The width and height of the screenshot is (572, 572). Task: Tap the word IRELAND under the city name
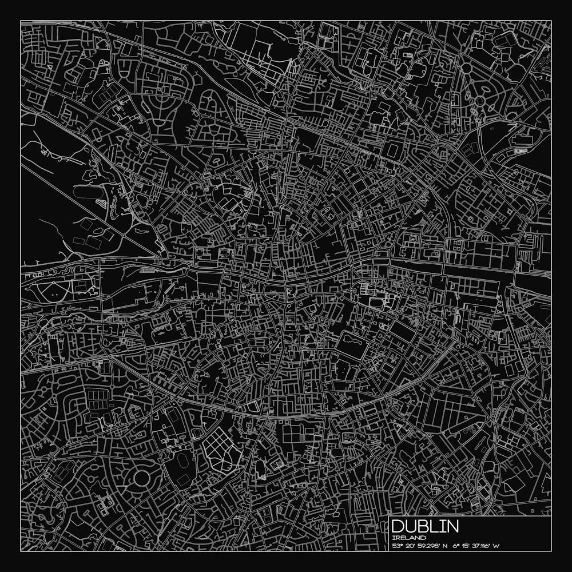(410, 538)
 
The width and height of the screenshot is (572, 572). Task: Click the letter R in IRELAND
(398, 538)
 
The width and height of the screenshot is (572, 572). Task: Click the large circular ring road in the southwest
(141, 478)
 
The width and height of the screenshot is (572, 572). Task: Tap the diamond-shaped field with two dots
(53, 291)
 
